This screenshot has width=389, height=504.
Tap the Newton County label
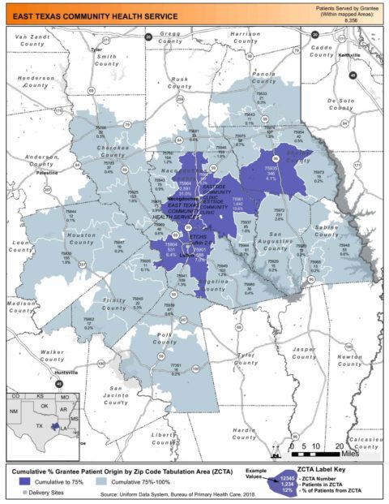(350, 360)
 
